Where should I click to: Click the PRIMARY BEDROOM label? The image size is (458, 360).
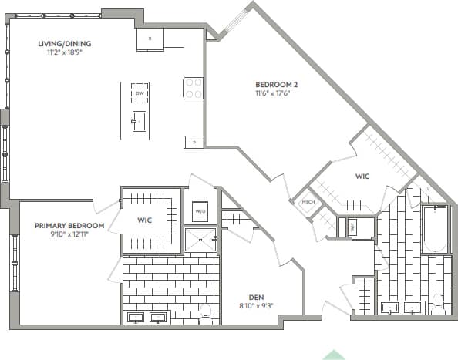(64, 226)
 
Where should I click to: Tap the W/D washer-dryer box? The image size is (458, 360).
(199, 210)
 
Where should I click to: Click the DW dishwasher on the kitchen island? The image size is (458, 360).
(140, 94)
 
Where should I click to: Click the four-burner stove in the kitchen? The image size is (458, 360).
(193, 89)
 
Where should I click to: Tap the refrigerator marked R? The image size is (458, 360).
(150, 39)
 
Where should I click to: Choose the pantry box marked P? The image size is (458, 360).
(193, 141)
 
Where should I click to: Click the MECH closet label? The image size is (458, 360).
(308, 203)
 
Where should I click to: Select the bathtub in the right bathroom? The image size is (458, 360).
(436, 229)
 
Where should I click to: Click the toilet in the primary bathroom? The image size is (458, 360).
(206, 311)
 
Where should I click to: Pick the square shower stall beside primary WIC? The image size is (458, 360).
(200, 240)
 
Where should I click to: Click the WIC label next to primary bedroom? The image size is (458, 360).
(144, 220)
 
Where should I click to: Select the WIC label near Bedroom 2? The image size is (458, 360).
(362, 177)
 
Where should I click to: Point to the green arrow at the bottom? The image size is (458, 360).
(333, 355)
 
